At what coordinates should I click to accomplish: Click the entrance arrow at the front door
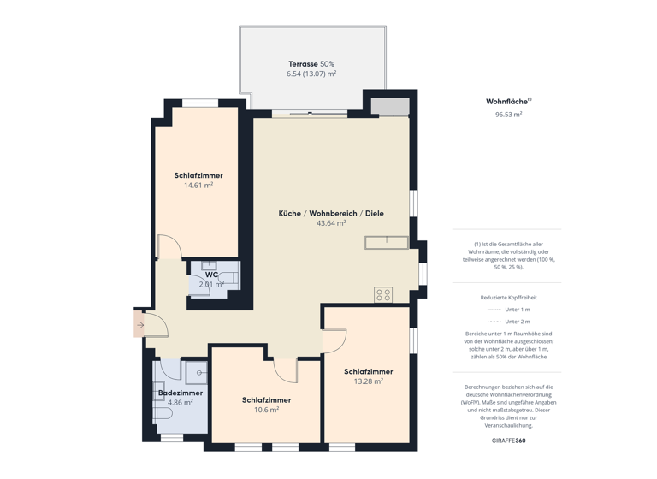point(140,325)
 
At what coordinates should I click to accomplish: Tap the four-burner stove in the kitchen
point(383,295)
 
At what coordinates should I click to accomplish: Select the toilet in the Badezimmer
point(163,414)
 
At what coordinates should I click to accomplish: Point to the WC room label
point(211,275)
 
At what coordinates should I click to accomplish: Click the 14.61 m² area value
point(198,185)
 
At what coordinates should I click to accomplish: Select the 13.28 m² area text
point(369,381)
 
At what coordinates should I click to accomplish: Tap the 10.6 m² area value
point(266,410)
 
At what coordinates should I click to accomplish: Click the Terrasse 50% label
point(311,64)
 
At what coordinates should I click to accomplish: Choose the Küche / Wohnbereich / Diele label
point(331,212)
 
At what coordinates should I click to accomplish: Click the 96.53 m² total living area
point(508,114)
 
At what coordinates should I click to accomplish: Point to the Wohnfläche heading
point(506,101)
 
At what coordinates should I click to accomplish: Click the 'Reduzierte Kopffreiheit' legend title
point(508,297)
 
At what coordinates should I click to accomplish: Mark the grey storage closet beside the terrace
point(389,107)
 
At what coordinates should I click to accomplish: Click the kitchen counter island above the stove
point(387,243)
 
